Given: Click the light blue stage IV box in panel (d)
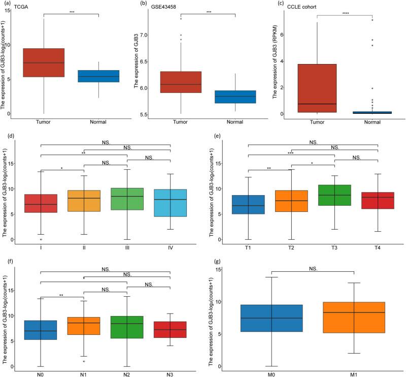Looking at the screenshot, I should point(170,203).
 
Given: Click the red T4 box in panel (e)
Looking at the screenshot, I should point(378,200).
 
